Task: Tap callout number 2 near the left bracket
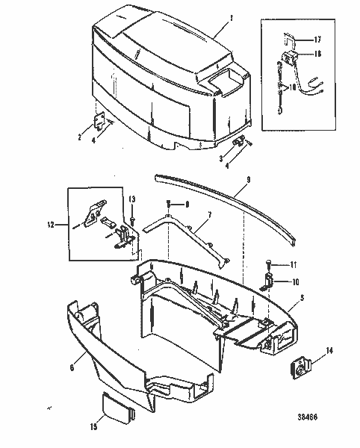pyautogui.click(x=80, y=137)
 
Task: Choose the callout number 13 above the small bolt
pyautogui.click(x=131, y=199)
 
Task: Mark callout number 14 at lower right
pyautogui.click(x=330, y=349)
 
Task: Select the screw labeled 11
pyautogui.click(x=267, y=262)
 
